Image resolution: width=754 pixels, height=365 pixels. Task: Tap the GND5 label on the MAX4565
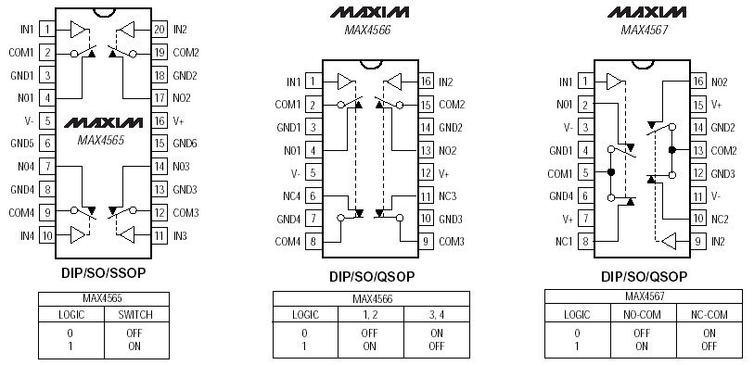(x=22, y=143)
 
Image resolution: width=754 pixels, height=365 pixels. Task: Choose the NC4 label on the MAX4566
(x=291, y=195)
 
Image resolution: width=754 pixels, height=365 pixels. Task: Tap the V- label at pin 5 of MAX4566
(x=295, y=173)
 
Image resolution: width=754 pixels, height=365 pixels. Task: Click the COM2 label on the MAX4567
(x=722, y=150)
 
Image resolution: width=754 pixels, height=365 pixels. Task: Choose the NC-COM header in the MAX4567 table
(x=709, y=313)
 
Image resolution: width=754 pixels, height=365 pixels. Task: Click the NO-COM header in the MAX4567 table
(x=641, y=313)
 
